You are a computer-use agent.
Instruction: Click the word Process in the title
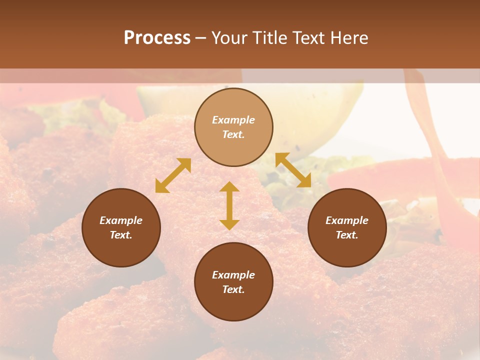pyautogui.click(x=157, y=38)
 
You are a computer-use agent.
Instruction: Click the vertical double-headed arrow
pyautogui.click(x=229, y=205)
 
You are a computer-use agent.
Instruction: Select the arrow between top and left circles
pyautogui.click(x=173, y=175)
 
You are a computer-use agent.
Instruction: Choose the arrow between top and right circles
pyautogui.click(x=293, y=170)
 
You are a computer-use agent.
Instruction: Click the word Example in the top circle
pyautogui.click(x=233, y=120)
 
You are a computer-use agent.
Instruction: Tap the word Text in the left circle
pyautogui.click(x=121, y=235)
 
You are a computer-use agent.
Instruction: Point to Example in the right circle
pyautogui.click(x=347, y=220)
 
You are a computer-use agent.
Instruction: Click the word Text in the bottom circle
pyautogui.click(x=233, y=289)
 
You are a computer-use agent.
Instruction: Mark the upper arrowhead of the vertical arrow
pyautogui.click(x=229, y=187)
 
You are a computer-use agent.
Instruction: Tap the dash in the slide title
pyautogui.click(x=201, y=38)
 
